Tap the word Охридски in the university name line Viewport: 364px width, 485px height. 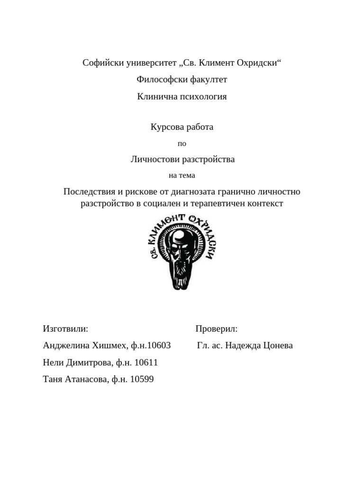pos(258,63)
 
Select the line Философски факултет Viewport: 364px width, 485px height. pos(182,80)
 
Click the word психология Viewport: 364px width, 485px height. pos(202,97)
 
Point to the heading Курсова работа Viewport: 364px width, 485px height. pos(182,127)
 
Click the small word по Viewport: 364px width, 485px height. pos(182,144)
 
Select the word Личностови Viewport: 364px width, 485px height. pos(155,159)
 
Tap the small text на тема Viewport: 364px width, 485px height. pos(182,175)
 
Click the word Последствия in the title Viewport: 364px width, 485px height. pos(89,192)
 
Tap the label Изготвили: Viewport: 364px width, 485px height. pos(65,329)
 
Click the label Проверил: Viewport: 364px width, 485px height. pos(216,329)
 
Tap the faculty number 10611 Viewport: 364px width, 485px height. pos(146,363)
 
